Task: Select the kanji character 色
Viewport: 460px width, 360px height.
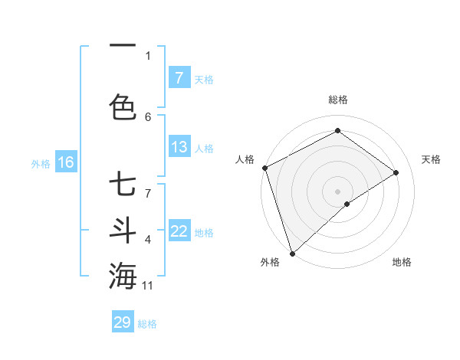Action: pos(123,106)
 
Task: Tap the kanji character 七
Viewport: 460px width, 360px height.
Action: pos(123,185)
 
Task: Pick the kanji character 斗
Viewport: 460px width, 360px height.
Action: pos(123,230)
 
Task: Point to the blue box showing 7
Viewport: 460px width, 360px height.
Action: pos(179,77)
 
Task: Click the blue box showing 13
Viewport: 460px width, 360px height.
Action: pos(179,147)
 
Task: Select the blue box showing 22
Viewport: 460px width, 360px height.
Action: pos(179,231)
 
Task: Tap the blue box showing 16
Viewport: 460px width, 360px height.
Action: pos(65,162)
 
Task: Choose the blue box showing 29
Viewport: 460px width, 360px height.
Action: pos(123,322)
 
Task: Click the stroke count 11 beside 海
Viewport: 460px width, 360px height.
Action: pos(149,286)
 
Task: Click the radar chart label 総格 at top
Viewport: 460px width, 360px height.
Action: pos(338,100)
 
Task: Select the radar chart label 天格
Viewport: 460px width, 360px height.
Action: pos(432,159)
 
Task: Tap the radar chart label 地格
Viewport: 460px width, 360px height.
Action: pos(402,262)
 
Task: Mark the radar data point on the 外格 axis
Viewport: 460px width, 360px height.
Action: pos(292,253)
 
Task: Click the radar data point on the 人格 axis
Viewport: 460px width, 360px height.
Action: pos(264,168)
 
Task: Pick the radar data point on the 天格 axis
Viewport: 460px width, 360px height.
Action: pos(396,172)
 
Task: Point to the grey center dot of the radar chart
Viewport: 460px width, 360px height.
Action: pos(337,191)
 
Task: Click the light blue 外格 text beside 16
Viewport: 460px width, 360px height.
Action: pos(40,163)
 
